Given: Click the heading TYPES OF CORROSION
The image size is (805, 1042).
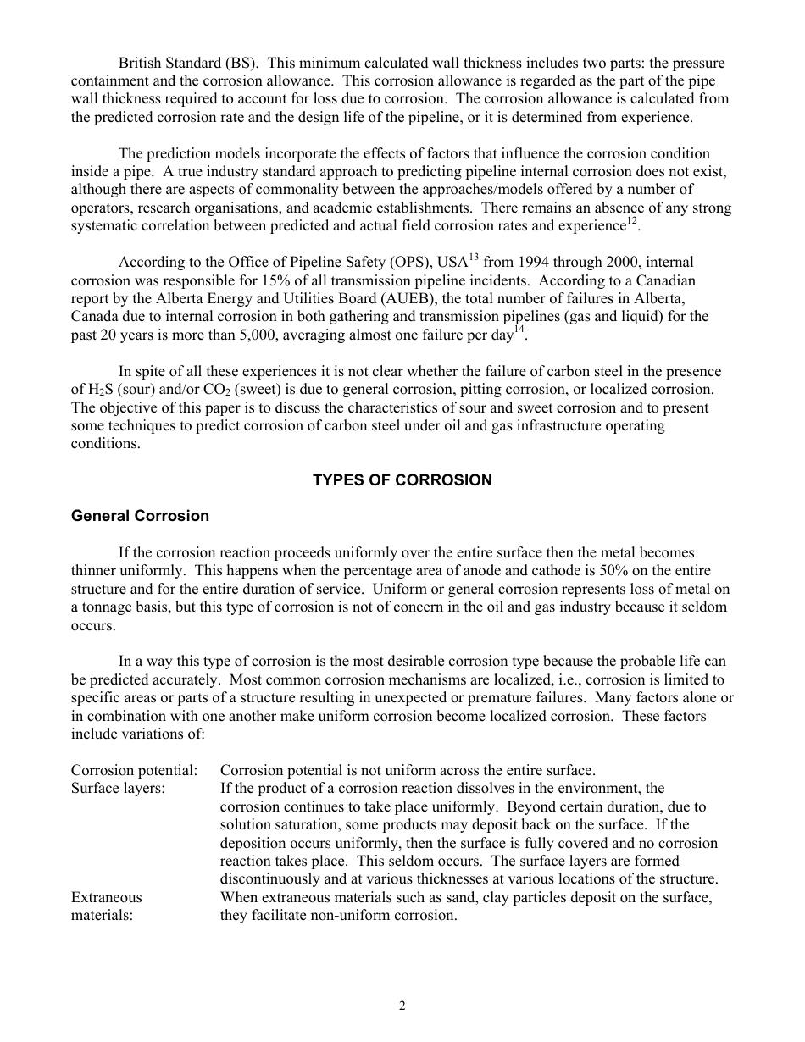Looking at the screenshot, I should pyautogui.click(x=402, y=480).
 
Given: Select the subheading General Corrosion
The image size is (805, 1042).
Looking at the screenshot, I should pyautogui.click(x=140, y=516).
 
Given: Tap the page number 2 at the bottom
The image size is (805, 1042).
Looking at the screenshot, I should pyautogui.click(x=402, y=1006).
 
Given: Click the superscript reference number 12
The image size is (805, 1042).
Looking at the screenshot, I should pyautogui.click(x=631, y=222).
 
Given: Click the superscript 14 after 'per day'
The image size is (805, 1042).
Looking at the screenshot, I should pyautogui.click(x=520, y=330).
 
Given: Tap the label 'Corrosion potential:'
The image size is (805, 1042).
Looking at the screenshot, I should pyautogui.click(x=134, y=771).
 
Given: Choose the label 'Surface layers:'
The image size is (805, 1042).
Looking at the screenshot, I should pyautogui.click(x=118, y=789).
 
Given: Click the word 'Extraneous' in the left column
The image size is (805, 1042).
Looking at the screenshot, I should pyautogui.click(x=107, y=897).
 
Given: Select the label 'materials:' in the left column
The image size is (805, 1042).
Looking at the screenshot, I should pyautogui.click(x=102, y=915).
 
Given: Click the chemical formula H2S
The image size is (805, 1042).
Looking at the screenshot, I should pyautogui.click(x=97, y=390).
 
